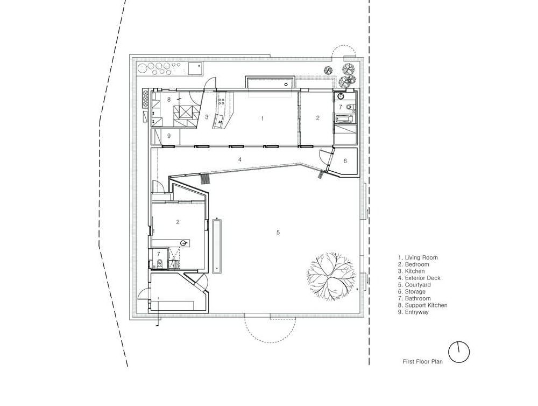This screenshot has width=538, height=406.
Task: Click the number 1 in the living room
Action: [263, 118]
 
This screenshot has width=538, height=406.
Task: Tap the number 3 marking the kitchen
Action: [207, 117]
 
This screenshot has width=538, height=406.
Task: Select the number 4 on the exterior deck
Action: [240, 159]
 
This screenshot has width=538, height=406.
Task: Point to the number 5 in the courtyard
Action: [278, 233]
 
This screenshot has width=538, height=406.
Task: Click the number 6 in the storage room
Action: [345, 161]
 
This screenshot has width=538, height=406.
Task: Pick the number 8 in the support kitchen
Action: [169, 100]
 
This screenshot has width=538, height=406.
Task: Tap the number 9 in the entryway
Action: [169, 136]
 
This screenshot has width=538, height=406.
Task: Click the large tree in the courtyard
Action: [330, 275]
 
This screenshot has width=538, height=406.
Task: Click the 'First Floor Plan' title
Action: [422, 361]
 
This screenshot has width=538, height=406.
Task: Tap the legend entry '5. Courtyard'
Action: [414, 285]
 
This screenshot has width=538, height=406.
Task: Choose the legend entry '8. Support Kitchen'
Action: [422, 305]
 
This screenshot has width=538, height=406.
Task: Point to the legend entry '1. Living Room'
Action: [417, 257]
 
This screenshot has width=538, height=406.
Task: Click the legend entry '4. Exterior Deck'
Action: [419, 278]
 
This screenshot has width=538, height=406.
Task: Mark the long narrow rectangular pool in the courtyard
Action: [217, 246]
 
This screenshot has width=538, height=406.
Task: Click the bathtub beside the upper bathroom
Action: [344, 119]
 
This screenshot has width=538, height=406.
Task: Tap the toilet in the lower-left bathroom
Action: [159, 264]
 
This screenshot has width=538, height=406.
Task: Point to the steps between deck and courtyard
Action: [204, 179]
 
